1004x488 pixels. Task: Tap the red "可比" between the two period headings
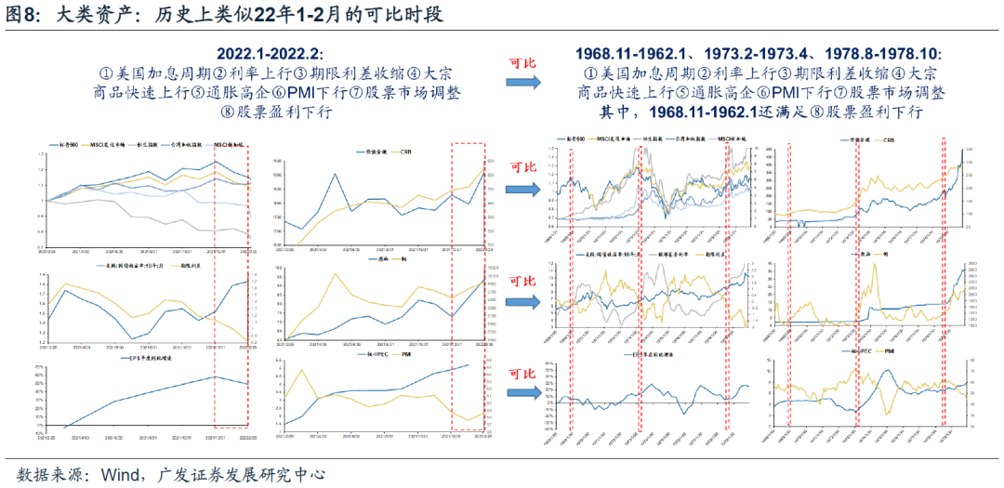(x=522, y=63)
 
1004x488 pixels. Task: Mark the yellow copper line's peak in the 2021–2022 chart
(x=333, y=274)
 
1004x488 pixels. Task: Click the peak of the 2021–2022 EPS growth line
(x=215, y=376)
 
